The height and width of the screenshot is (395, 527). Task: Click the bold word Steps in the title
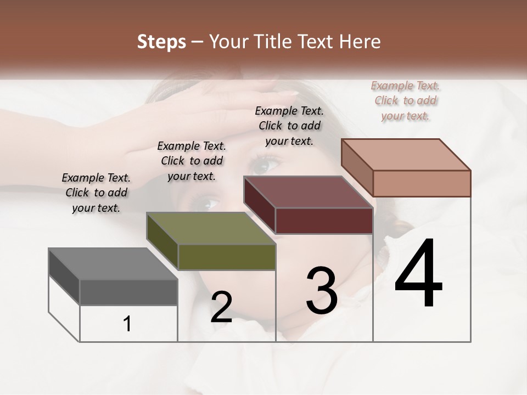pos(161,42)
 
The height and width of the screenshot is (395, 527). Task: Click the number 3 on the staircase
pos(322,290)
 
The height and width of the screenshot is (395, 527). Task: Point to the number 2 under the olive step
pos(221,307)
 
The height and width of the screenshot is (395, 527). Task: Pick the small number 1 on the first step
pos(127,324)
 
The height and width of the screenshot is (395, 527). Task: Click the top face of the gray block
pos(113,264)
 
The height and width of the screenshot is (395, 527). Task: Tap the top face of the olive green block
pos(211,228)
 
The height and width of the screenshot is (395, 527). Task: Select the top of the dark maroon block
pos(308,192)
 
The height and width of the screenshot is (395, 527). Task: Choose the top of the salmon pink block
pos(406,155)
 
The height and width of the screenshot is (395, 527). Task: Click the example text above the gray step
pos(96,193)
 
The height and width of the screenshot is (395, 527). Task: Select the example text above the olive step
pos(192,161)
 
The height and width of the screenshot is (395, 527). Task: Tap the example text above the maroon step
pos(289,126)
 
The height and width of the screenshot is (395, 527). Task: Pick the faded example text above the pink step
pos(405,100)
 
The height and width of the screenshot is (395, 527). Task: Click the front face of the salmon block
pos(422,183)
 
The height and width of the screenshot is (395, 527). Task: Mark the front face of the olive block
pos(227,257)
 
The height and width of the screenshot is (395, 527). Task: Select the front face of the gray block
pos(128,292)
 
